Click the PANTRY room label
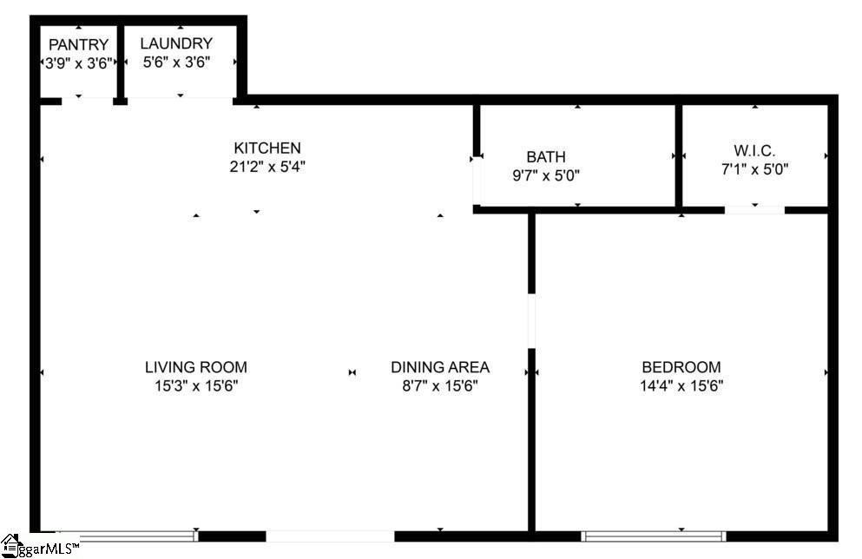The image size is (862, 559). [79, 44]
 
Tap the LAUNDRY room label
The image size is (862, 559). [176, 43]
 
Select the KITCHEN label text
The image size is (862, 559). [267, 148]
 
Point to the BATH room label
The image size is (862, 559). [546, 157]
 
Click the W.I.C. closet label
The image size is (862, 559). [755, 151]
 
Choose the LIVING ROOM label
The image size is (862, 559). [196, 367]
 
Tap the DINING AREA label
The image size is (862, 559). [440, 367]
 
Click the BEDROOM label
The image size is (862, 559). [681, 367]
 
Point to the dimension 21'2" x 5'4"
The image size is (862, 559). [267, 167]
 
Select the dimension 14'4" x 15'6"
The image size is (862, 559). [681, 386]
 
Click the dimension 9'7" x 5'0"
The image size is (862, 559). [546, 176]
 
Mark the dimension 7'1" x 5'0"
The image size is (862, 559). [755, 169]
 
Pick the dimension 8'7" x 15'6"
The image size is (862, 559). [440, 386]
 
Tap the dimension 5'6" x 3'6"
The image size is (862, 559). [176, 62]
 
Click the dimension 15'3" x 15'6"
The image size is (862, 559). [196, 386]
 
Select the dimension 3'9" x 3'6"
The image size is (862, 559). [79, 63]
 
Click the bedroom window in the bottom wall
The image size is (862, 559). [654, 536]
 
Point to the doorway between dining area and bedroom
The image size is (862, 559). [531, 321]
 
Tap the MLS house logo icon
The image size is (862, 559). [11, 545]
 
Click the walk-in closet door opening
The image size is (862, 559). [754, 210]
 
